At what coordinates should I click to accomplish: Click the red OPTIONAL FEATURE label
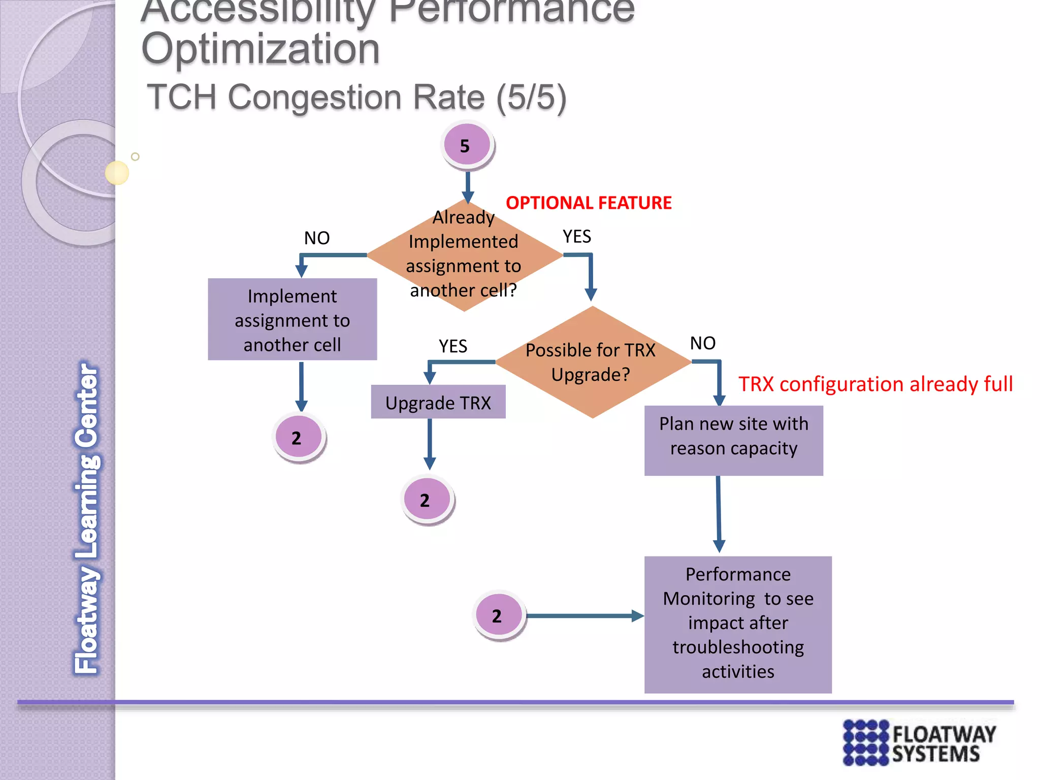point(589,203)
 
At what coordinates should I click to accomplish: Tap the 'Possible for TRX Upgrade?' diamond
point(592,362)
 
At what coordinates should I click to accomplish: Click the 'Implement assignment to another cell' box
point(292,319)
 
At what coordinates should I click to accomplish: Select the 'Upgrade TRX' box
point(438,402)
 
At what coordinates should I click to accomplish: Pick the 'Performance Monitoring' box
point(737,624)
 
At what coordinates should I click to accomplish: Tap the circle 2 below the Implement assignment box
point(299,437)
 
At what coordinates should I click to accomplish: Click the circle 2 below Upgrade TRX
point(427,500)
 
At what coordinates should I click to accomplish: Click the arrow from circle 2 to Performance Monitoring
point(584,616)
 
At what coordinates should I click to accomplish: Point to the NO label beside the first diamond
point(317,238)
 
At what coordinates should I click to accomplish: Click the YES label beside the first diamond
point(576,236)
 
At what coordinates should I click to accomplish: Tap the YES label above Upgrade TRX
point(452,346)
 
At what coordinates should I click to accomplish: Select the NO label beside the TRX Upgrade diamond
point(702,343)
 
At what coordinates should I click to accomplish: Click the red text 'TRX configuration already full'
point(875,384)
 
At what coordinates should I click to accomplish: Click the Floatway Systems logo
point(919,742)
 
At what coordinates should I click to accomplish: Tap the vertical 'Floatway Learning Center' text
point(87,518)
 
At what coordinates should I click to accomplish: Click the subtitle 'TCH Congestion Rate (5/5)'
point(356,97)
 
